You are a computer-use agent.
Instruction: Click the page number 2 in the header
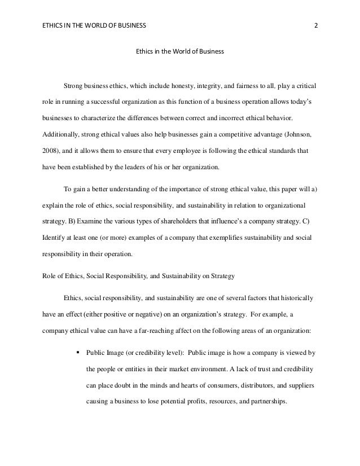tap(315, 25)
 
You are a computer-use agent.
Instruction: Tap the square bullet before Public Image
tap(77, 354)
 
